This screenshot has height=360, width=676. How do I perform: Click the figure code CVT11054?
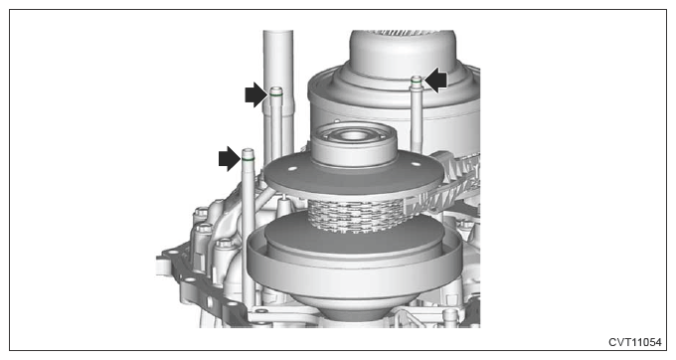click(x=634, y=342)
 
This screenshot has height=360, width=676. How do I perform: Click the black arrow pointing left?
click(x=436, y=80)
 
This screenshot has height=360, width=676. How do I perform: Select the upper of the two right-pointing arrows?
click(x=256, y=94)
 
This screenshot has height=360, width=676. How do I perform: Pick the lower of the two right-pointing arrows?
click(x=230, y=159)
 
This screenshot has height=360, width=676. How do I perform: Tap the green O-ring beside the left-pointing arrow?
click(x=417, y=82)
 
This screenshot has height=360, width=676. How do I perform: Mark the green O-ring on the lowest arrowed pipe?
click(x=248, y=159)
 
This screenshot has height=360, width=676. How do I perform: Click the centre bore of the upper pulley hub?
click(x=354, y=135)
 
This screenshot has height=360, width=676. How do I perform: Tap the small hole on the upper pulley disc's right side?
click(x=415, y=165)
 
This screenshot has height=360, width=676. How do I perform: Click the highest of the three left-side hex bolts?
click(x=201, y=213)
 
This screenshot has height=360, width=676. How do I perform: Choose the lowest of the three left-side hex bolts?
click(x=224, y=244)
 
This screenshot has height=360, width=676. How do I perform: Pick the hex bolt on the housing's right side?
click(x=466, y=225)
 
